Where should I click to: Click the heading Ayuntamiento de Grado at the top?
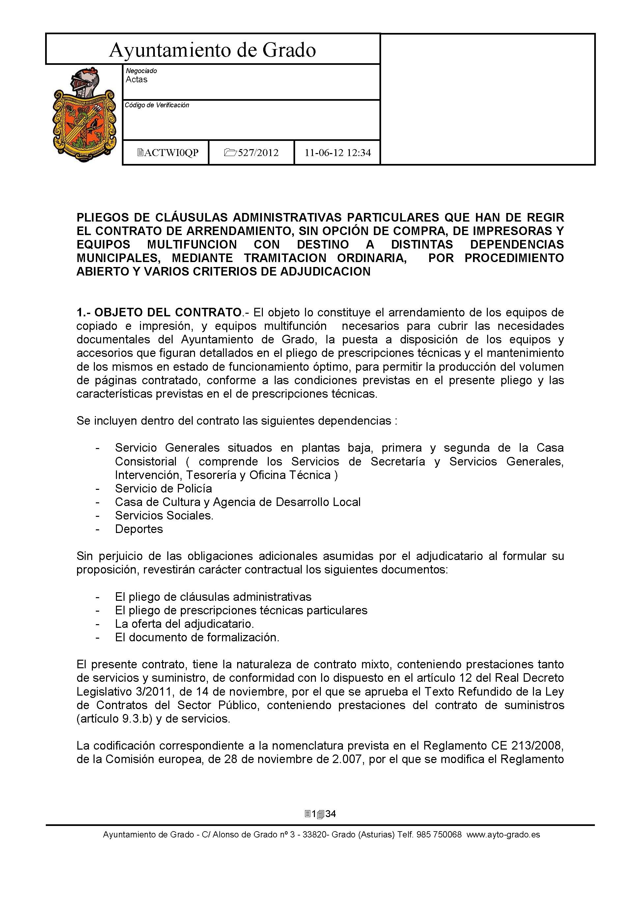click(x=212, y=50)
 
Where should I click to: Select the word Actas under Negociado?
click(x=136, y=80)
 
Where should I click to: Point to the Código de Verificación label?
click(x=157, y=105)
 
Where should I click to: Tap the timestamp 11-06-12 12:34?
click(x=338, y=153)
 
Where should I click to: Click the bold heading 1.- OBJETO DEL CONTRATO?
click(x=159, y=313)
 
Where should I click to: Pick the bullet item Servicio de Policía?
click(x=163, y=489)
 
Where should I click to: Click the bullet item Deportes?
click(x=139, y=529)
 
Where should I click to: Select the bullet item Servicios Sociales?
click(x=164, y=516)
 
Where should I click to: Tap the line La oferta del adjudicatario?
click(x=184, y=624)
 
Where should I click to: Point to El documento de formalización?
click(x=197, y=637)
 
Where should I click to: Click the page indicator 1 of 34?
click(x=320, y=814)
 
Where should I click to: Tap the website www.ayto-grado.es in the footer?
click(x=503, y=835)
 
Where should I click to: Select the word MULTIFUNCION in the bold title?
click(x=192, y=245)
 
